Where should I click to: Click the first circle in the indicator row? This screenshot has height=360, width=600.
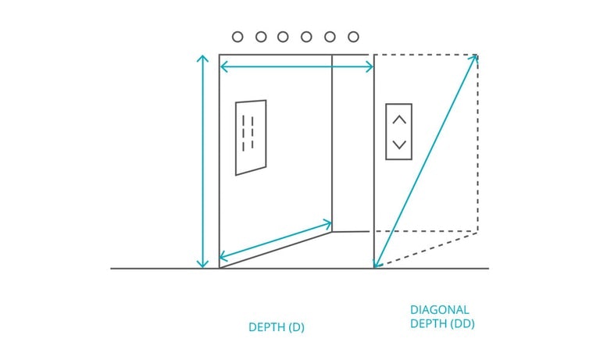pos(237,37)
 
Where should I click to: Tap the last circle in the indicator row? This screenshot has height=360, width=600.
pos(353,37)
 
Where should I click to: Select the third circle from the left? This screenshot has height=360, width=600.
pos(284,37)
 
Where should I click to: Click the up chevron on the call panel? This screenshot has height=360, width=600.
pos(399,119)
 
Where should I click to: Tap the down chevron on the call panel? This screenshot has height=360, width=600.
pos(399,144)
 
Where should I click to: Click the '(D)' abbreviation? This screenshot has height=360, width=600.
pos(296,327)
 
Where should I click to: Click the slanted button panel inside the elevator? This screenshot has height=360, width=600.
pos(251,137)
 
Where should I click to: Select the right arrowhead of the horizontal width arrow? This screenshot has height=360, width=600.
pos(371,68)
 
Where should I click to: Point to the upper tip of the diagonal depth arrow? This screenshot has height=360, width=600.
pos(476,58)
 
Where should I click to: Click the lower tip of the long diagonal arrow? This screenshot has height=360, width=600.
pos(377,265)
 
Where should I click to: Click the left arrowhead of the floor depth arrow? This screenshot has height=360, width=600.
pos(222,257)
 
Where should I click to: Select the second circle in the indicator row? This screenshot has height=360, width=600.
pos(261,37)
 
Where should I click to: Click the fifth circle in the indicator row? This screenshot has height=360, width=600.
pos(330,37)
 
